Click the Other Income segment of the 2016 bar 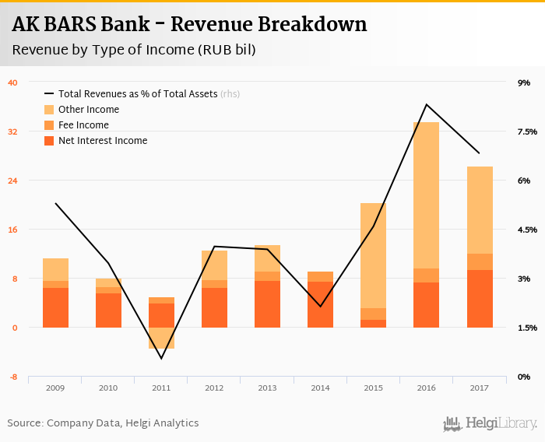click(x=426, y=195)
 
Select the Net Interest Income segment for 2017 click(x=480, y=299)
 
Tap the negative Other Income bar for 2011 click(x=161, y=338)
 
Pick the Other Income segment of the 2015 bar click(x=373, y=255)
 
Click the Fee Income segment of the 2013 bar click(x=267, y=276)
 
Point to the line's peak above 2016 click(x=426, y=104)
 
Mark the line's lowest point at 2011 click(x=161, y=359)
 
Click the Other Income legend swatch click(x=49, y=110)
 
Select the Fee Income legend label click(x=83, y=125)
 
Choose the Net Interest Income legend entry click(x=102, y=141)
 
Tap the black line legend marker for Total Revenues click(x=49, y=94)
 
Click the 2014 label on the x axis click(x=320, y=388)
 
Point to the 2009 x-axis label click(x=55, y=388)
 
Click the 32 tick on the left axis click(x=12, y=132)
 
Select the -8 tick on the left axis click(x=12, y=377)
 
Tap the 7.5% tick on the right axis click(x=527, y=132)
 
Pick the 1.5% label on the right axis click(x=527, y=328)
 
